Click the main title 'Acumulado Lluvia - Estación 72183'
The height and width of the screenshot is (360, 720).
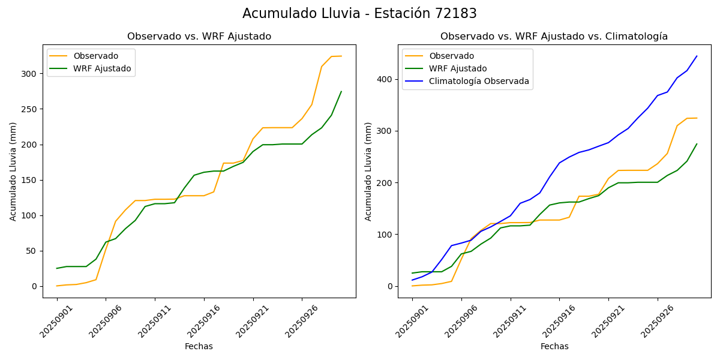point(359,14)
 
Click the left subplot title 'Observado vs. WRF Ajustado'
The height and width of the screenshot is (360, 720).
point(199,37)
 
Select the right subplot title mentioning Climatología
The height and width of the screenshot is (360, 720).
point(554,37)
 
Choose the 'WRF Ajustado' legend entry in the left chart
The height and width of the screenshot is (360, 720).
point(102,68)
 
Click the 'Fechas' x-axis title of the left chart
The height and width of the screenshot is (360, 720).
point(199,346)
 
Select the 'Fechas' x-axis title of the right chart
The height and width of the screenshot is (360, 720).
point(554,346)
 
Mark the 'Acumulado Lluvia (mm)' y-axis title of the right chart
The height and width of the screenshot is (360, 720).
point(368,172)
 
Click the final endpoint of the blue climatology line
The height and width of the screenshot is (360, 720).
point(697,56)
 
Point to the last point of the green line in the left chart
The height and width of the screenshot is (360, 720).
point(341,92)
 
